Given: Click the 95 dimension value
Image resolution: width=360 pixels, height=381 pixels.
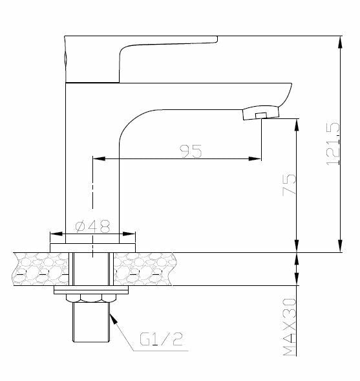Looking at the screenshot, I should (191, 151).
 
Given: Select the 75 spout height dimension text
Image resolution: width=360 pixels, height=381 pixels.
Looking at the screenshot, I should (289, 185).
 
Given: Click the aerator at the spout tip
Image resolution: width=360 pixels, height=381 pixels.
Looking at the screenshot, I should (259, 114).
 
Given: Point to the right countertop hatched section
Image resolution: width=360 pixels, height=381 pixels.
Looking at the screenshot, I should (143, 268).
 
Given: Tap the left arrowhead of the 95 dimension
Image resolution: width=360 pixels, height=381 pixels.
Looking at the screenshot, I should (98, 158).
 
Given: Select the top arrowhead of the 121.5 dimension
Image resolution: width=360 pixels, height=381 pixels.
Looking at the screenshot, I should (341, 40).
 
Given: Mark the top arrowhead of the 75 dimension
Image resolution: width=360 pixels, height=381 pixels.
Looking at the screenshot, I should (297, 122).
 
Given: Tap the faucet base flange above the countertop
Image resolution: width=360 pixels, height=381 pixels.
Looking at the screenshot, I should (93, 246).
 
